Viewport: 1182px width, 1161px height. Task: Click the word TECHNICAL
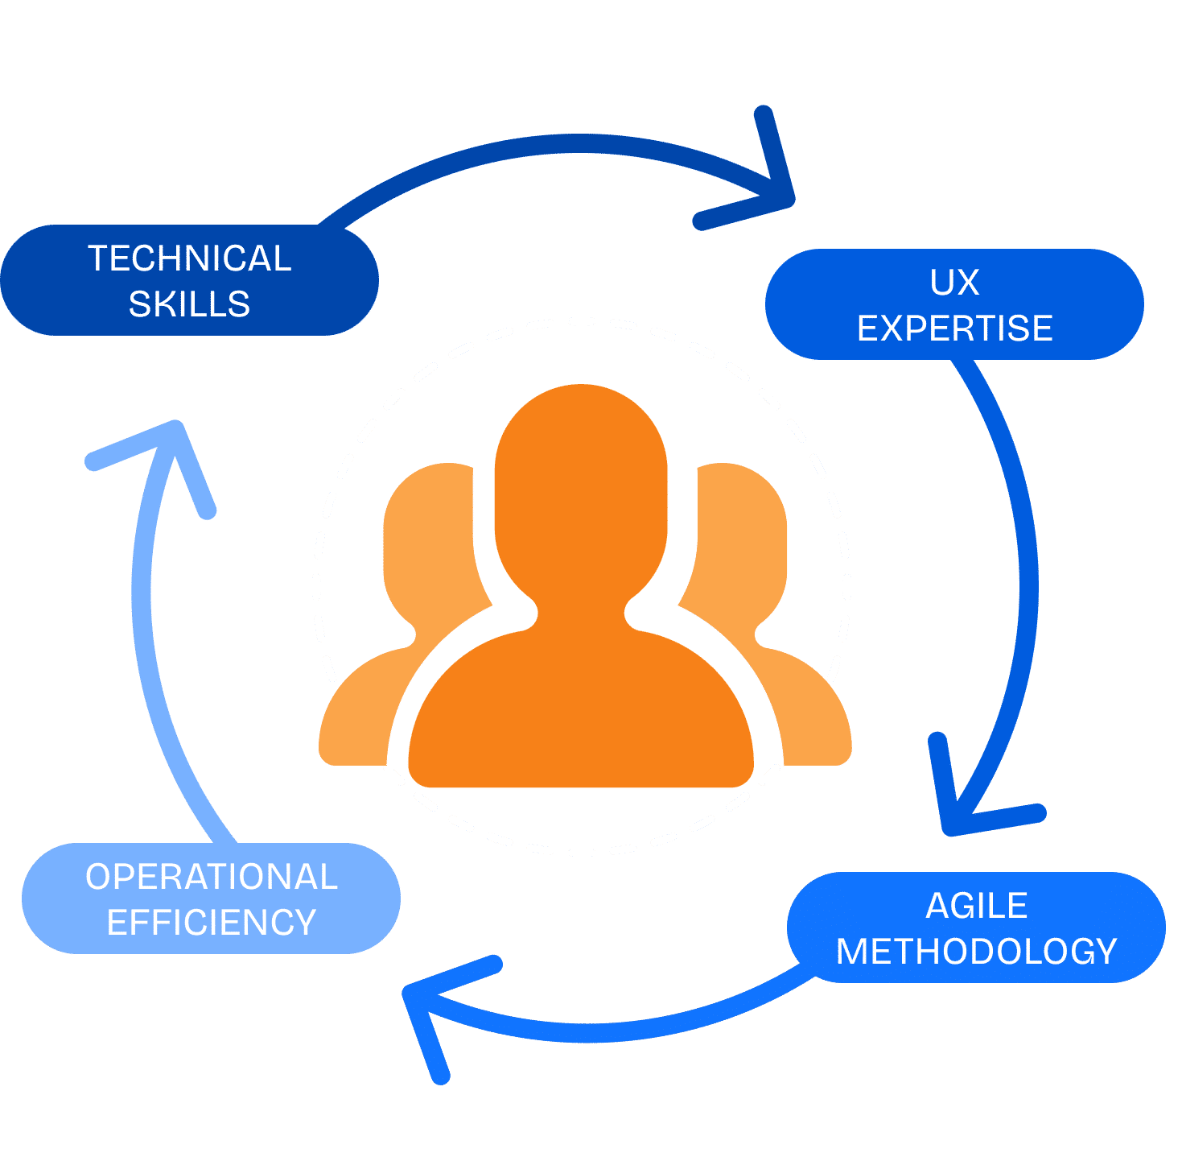pyautogui.click(x=189, y=258)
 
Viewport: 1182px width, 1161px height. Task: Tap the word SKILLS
pyautogui.click(x=189, y=304)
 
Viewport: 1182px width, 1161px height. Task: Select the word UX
pyautogui.click(x=954, y=283)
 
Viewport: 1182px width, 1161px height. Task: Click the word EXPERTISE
pyautogui.click(x=954, y=328)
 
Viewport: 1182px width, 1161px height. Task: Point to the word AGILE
pyautogui.click(x=976, y=906)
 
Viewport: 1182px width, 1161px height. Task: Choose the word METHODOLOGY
pyautogui.click(x=976, y=952)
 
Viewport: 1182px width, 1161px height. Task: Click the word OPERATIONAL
pyautogui.click(x=211, y=877)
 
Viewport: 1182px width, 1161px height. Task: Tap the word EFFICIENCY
pyautogui.click(x=211, y=923)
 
